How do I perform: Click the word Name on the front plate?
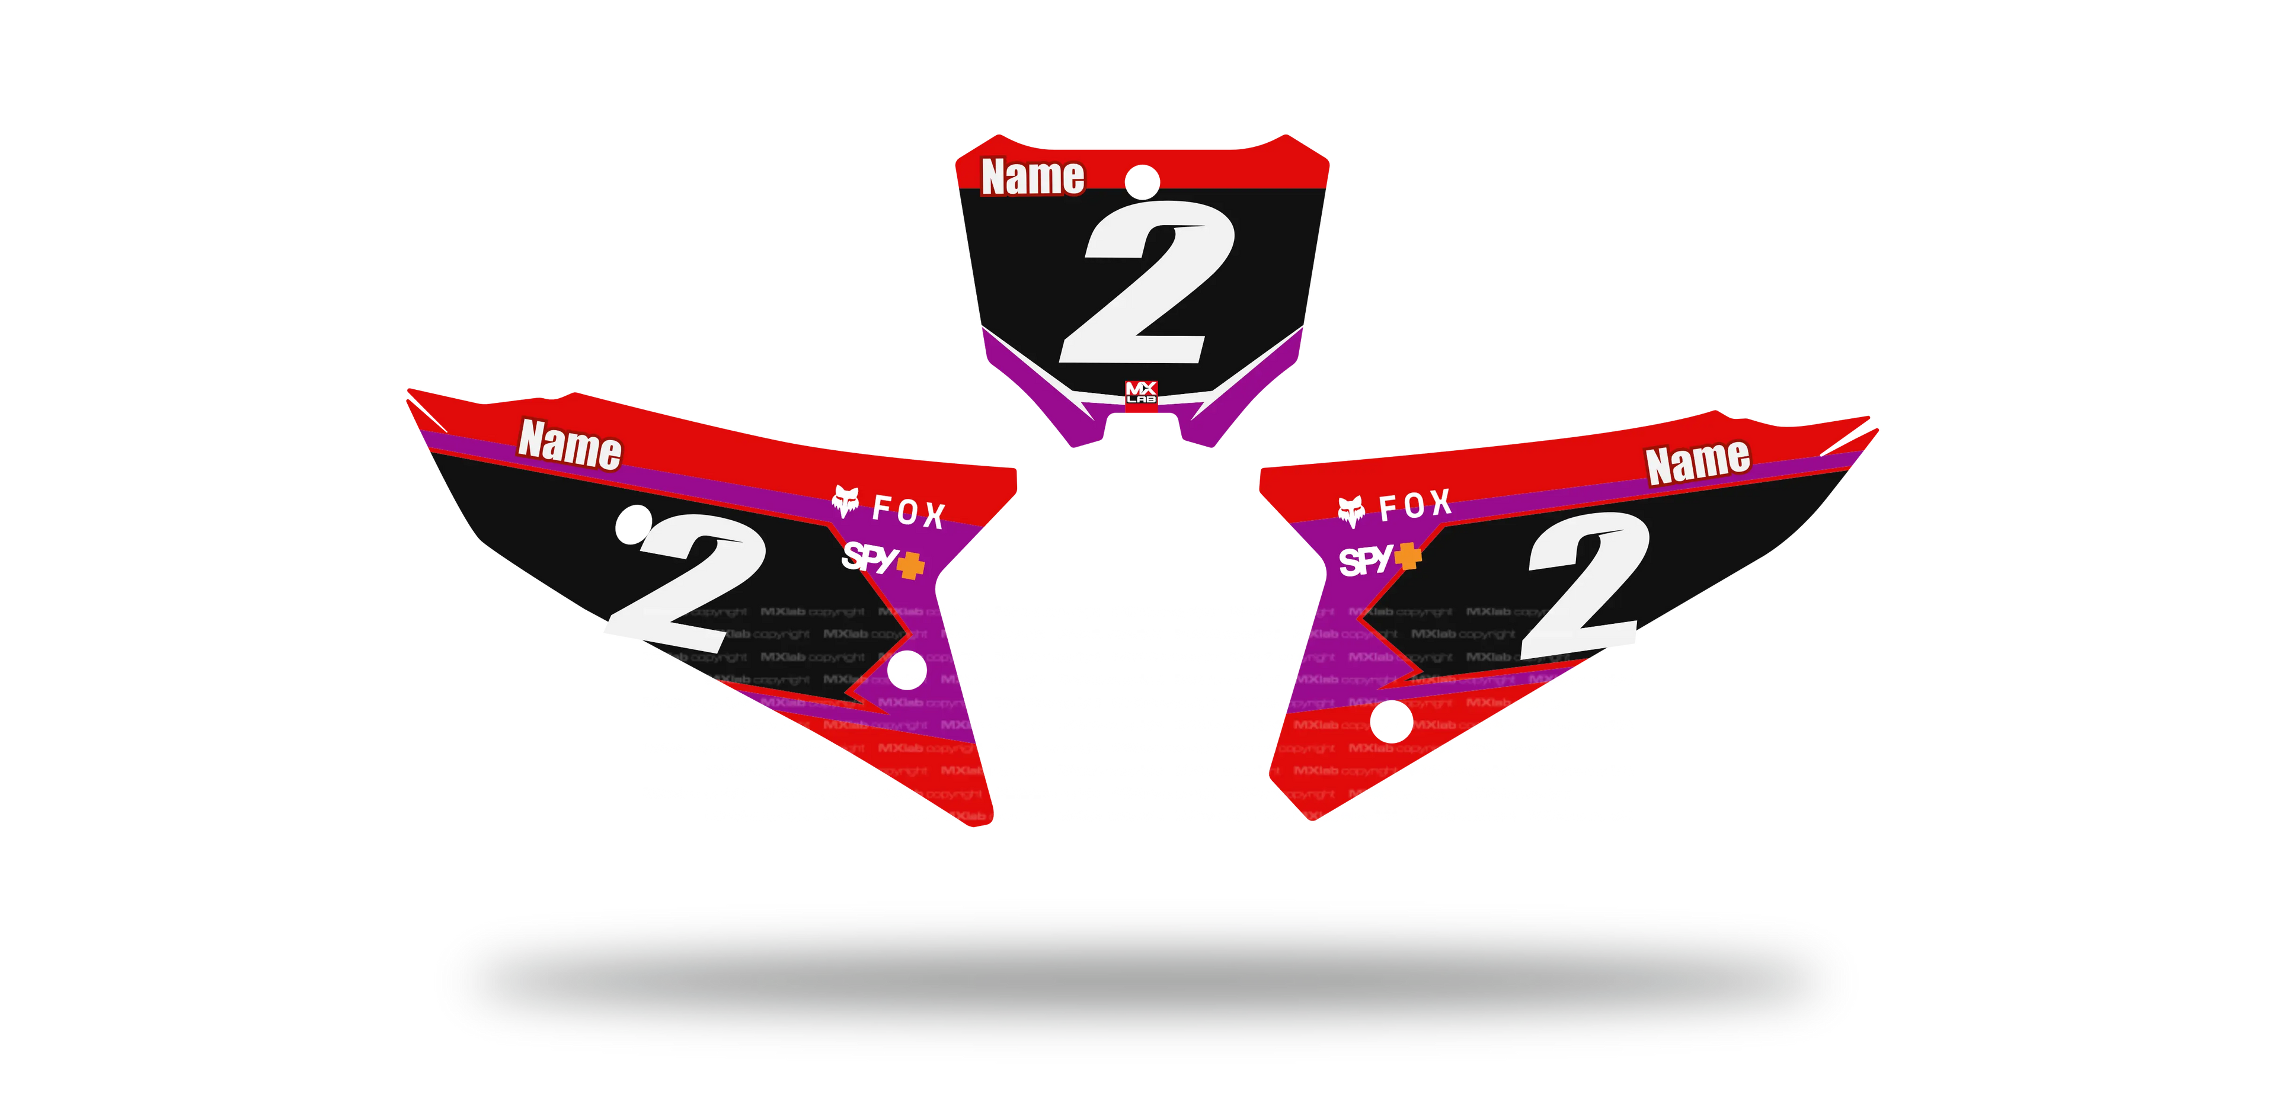(1032, 177)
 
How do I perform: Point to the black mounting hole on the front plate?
(1142, 180)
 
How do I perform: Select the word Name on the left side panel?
(570, 444)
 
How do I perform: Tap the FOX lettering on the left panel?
(908, 512)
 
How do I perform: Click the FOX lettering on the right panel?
(1415, 505)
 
